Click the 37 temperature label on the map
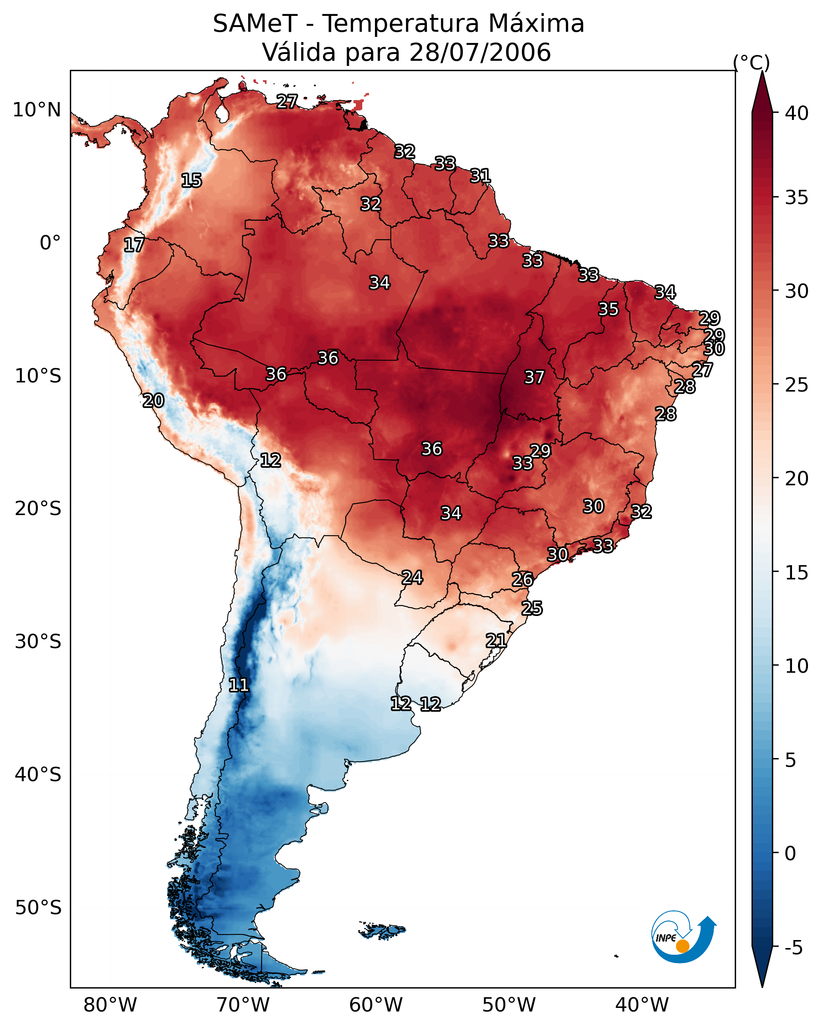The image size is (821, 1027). [x=534, y=377]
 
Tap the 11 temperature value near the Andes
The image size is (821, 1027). [x=239, y=685]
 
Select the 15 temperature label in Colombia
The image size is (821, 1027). [x=191, y=181]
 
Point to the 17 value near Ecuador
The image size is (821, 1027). [x=134, y=245]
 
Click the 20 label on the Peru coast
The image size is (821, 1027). [x=153, y=401]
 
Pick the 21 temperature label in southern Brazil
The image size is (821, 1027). [x=496, y=641]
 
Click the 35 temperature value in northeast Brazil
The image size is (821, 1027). [x=609, y=309]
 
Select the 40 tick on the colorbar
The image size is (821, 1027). [x=797, y=113]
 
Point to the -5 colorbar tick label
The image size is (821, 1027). [x=793, y=948]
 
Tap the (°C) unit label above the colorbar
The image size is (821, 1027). [x=751, y=62]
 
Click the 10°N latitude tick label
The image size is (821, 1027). [x=37, y=110]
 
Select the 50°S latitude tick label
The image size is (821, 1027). [x=38, y=908]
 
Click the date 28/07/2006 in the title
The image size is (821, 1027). [x=480, y=52]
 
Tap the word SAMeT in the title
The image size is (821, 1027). [x=255, y=24]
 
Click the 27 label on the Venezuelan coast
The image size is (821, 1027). [x=287, y=101]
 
